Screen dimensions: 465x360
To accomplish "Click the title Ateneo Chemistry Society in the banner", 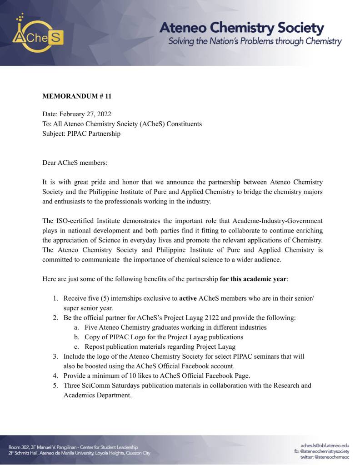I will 241,28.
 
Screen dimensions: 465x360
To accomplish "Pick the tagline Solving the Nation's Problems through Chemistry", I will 255,42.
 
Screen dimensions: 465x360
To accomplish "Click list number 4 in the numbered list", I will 55,376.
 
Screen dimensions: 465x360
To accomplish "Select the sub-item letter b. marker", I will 77,337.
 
